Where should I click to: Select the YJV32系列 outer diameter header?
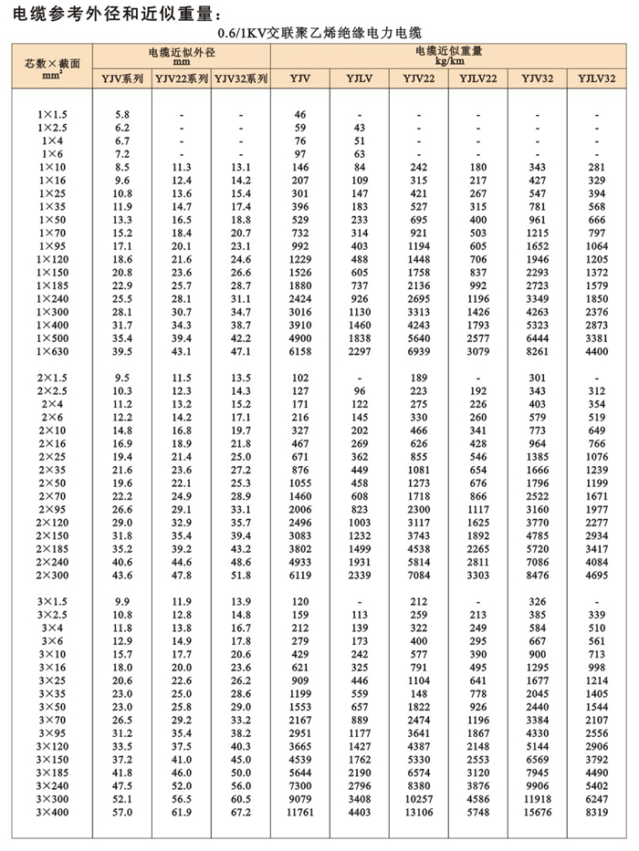[240, 80]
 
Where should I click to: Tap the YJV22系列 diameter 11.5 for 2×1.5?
[182, 377]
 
